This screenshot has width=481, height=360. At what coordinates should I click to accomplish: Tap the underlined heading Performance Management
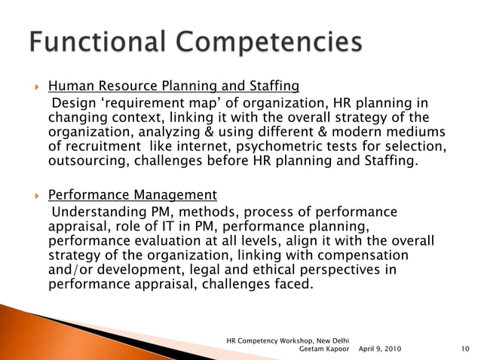(133, 195)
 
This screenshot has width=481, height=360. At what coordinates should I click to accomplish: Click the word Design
(72, 102)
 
